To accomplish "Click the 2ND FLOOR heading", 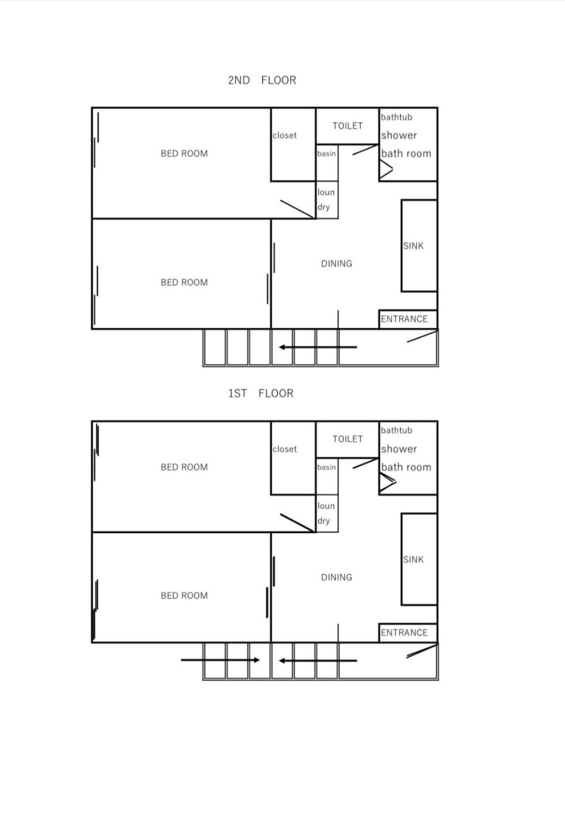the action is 262,80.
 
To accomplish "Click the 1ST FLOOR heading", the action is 261,394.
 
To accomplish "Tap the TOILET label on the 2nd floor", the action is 348,126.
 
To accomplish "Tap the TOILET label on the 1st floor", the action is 348,439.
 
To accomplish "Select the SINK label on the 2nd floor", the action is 413,246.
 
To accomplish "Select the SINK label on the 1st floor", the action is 413,559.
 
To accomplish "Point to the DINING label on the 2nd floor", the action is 336,264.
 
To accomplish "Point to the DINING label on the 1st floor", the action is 336,578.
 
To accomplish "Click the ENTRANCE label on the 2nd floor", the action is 404,319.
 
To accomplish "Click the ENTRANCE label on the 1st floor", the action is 404,633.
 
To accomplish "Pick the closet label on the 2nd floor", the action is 285,135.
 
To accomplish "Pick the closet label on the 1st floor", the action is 285,449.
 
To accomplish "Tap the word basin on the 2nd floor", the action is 326,153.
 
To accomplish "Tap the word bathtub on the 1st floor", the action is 396,430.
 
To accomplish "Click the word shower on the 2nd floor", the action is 399,135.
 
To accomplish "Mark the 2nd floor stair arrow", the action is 318,347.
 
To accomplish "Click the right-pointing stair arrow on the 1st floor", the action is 220,661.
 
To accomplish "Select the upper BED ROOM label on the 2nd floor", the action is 184,153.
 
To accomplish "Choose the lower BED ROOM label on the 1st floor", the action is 184,596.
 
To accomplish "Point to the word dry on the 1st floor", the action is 324,521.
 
